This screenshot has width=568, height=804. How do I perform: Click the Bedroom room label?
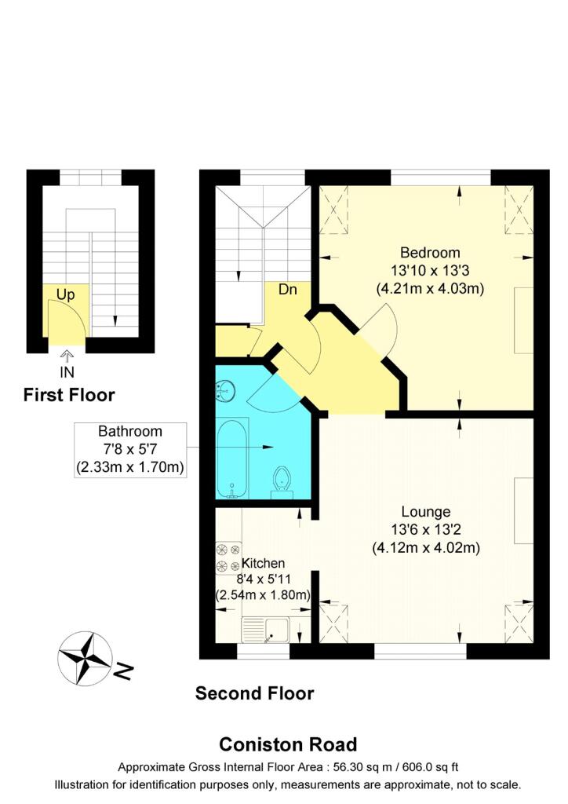429,253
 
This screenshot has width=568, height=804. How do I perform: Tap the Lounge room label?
425,512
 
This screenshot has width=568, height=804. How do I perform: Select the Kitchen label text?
263,564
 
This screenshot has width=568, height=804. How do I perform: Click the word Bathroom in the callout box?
130,431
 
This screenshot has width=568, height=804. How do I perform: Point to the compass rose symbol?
85,658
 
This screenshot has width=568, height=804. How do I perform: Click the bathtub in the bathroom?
231,459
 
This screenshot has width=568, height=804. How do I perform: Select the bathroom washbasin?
225,389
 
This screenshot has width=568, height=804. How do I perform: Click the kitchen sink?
266,630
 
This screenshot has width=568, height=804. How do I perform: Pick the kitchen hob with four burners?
228,557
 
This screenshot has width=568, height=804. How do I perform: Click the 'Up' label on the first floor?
65,294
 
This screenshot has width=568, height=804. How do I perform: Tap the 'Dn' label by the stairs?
287,289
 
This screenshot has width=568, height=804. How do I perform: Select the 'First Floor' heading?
69,395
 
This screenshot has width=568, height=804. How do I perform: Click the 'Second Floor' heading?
254,693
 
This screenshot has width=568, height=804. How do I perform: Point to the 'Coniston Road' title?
287,744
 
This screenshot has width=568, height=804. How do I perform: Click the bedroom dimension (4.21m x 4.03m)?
429,288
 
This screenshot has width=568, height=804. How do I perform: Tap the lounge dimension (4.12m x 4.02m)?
425,547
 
